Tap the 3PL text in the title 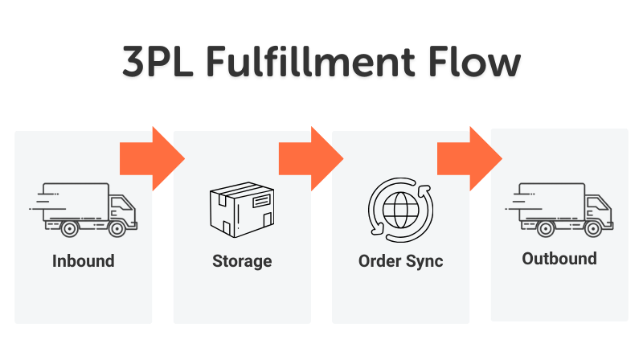[157, 63]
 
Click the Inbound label [84, 261]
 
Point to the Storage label [242, 261]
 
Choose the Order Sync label [400, 261]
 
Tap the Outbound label [559, 259]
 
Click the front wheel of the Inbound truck [117, 229]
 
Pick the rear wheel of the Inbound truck [70, 229]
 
